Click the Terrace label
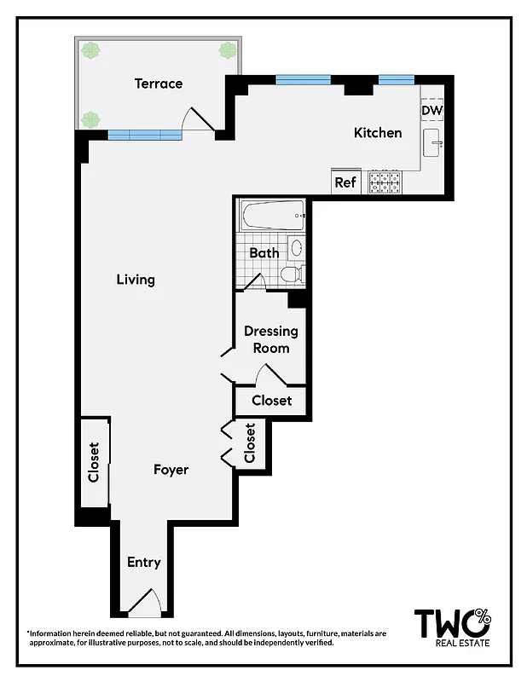click(159, 84)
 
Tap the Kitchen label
click(378, 133)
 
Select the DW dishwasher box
click(431, 110)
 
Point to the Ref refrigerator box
click(345, 182)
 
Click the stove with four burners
click(385, 182)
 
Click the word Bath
click(264, 253)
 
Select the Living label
click(136, 280)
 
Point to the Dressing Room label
click(271, 339)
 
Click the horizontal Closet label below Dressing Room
click(271, 401)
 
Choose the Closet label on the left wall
click(94, 461)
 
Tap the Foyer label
click(171, 470)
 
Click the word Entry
click(143, 563)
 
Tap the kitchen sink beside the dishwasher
click(432, 146)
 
